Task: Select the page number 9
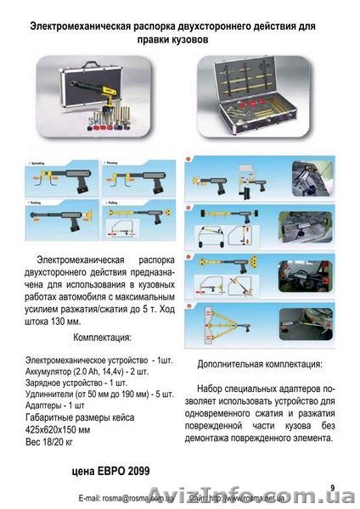[x=334, y=486]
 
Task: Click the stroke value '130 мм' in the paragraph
[x=71, y=321]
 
